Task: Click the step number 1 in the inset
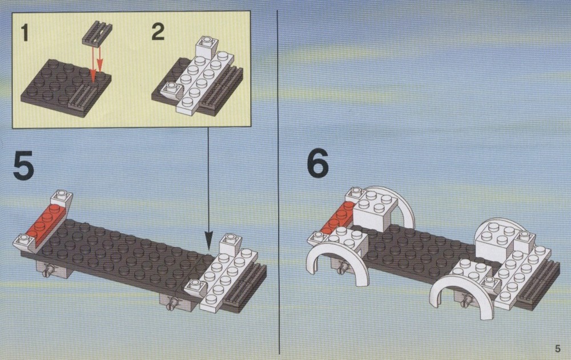(x=25, y=33)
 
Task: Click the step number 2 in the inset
(x=158, y=32)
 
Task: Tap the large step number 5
(x=23, y=166)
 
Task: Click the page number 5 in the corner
(x=557, y=349)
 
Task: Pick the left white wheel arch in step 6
(x=337, y=257)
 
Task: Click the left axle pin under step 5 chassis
(x=47, y=271)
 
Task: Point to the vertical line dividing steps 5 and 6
(x=279, y=182)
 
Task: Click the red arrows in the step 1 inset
(x=96, y=64)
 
